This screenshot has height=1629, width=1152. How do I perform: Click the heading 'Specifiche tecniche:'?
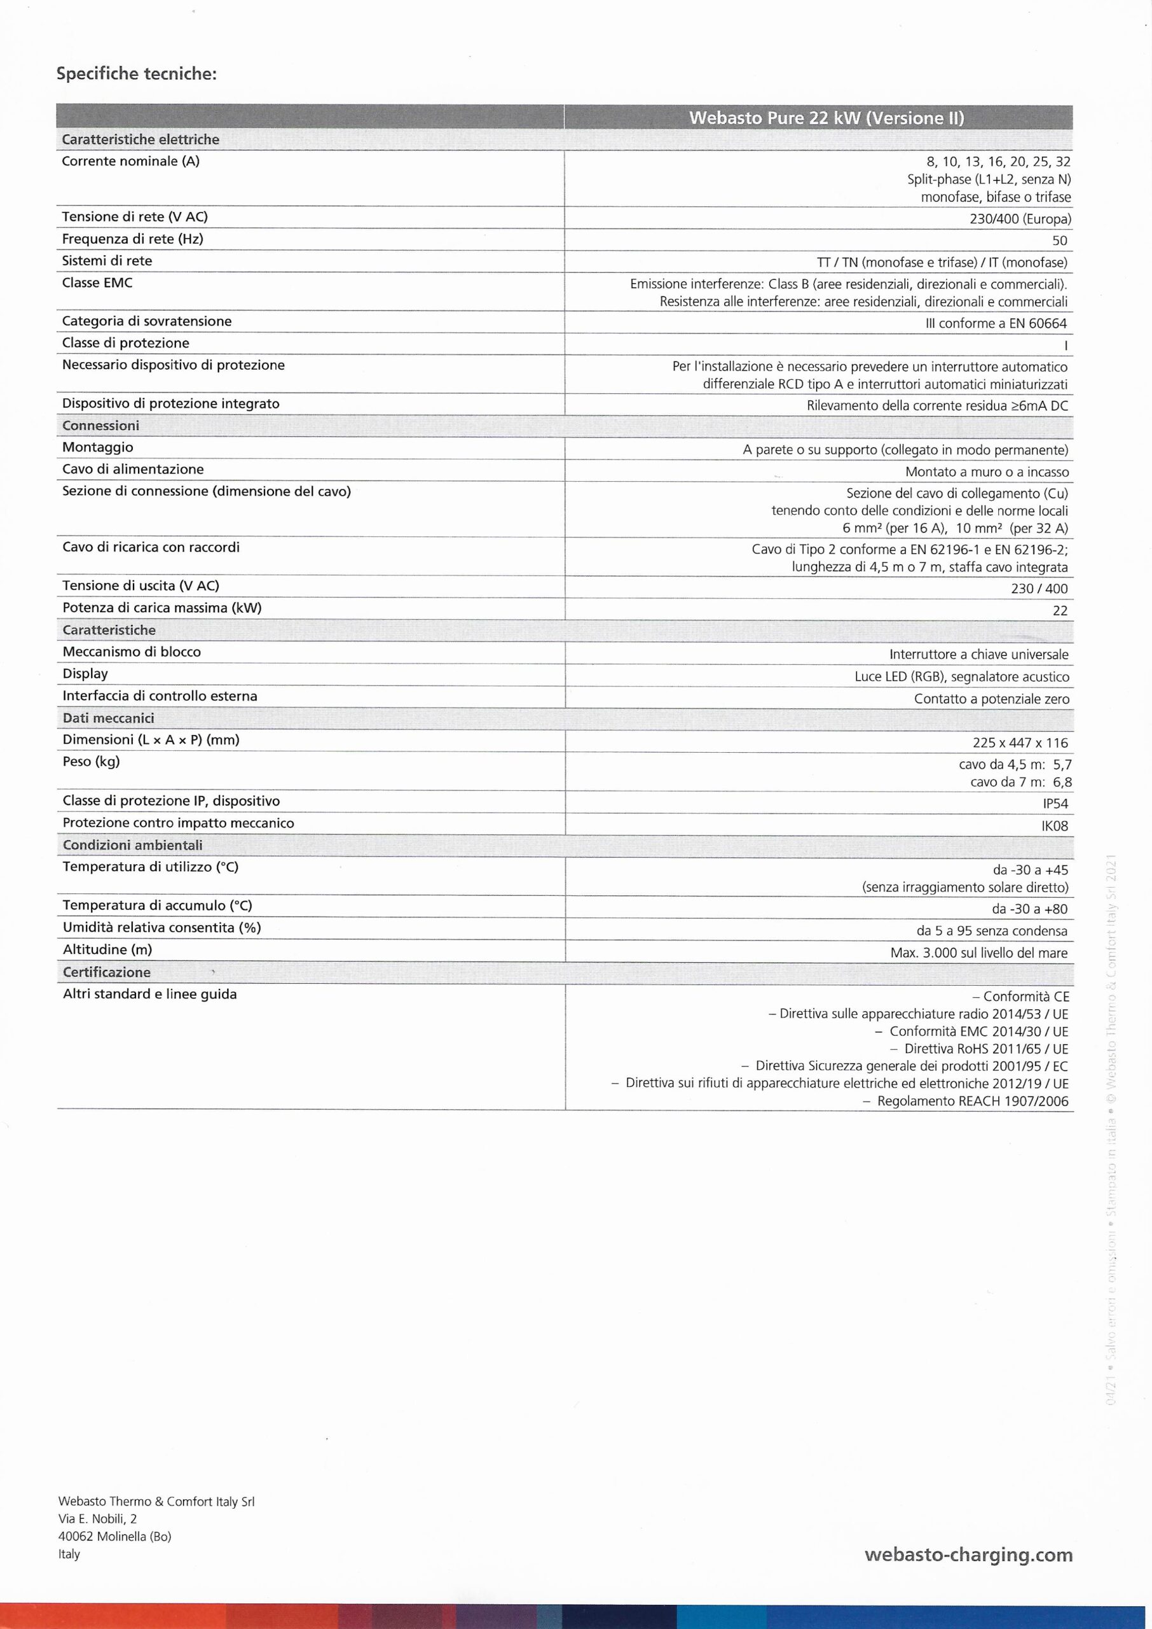pos(136,74)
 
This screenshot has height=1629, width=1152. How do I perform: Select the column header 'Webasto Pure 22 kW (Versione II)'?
pos(826,118)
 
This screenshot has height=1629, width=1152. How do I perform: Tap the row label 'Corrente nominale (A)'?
pos(130,161)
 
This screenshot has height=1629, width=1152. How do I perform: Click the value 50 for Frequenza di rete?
pos(1060,241)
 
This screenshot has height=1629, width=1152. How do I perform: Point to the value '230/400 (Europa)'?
pos(1020,220)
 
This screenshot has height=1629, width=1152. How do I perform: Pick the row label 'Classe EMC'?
pos(97,283)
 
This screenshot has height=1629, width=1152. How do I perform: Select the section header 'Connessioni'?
pos(100,426)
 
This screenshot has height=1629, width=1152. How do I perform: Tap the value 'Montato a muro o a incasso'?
pos(987,472)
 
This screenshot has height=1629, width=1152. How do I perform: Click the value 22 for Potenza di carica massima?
pos(1060,610)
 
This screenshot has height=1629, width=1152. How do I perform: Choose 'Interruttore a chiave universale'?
pos(979,654)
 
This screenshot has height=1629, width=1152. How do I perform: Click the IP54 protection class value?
pos(1055,804)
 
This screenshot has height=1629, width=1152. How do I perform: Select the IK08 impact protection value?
pos(1055,826)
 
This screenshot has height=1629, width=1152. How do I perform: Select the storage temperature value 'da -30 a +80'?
pos(1030,909)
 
